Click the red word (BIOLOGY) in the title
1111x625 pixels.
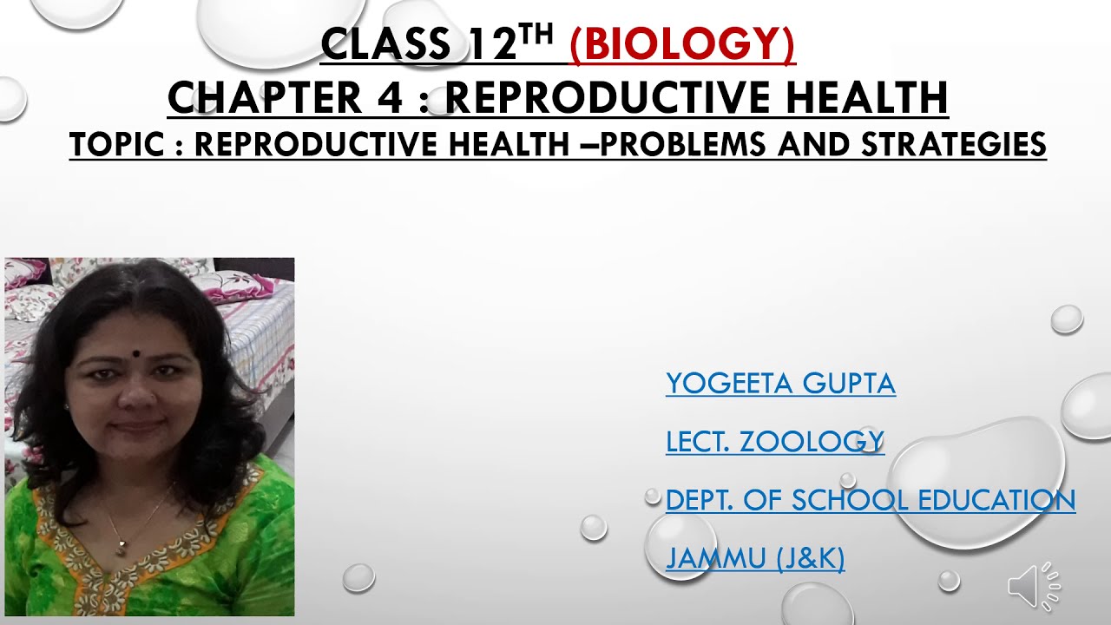pos(682,45)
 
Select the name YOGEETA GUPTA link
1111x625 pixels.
pos(780,383)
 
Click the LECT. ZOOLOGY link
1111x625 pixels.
pos(774,442)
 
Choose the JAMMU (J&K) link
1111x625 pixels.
pos(754,558)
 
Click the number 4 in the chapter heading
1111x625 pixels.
pos(390,97)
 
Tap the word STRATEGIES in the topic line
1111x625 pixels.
pos(953,145)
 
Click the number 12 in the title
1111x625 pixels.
pos(492,45)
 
